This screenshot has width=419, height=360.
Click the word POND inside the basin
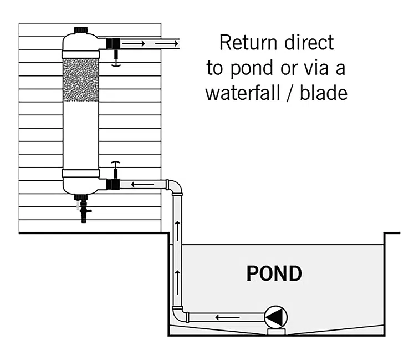coord(274,274)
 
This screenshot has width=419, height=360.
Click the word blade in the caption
coord(324,92)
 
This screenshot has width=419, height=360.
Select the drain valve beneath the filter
coord(83,211)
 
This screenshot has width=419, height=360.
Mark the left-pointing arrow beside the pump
coord(223,318)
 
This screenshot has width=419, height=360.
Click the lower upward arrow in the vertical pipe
coord(178,273)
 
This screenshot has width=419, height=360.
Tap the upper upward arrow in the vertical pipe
coord(178,225)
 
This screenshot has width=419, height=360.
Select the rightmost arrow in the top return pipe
coord(166,42)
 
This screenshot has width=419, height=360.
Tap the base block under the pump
coord(275,331)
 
